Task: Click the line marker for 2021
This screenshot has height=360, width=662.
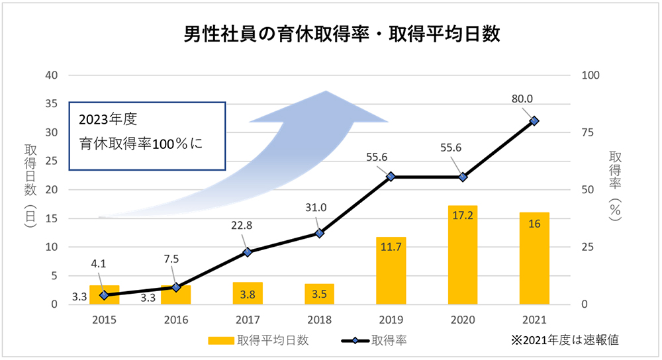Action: pyautogui.click(x=534, y=120)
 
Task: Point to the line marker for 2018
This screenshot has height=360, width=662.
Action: pyautogui.click(x=319, y=233)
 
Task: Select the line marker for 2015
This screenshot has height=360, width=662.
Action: pyautogui.click(x=104, y=295)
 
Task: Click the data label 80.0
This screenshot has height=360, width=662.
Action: pyautogui.click(x=522, y=99)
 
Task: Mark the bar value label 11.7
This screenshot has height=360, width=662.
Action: pyautogui.click(x=391, y=249)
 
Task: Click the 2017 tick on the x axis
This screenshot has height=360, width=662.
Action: pyautogui.click(x=248, y=320)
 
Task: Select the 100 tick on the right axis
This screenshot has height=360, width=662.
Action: pyautogui.click(x=590, y=75)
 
